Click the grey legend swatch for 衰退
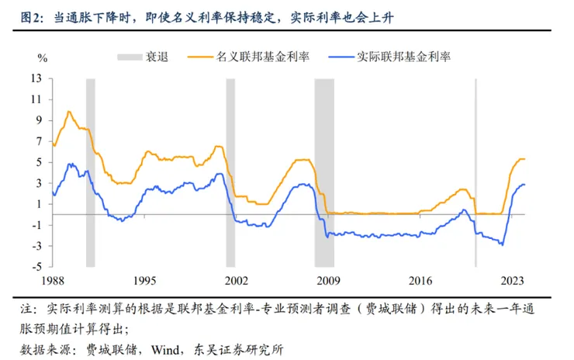click(x=128, y=57)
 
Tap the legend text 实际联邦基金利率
click(x=403, y=57)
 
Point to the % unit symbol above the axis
click(x=43, y=57)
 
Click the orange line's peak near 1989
click(x=69, y=111)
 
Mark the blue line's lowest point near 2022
click(x=503, y=245)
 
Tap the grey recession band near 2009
click(x=324, y=171)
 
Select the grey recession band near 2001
click(x=230, y=171)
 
